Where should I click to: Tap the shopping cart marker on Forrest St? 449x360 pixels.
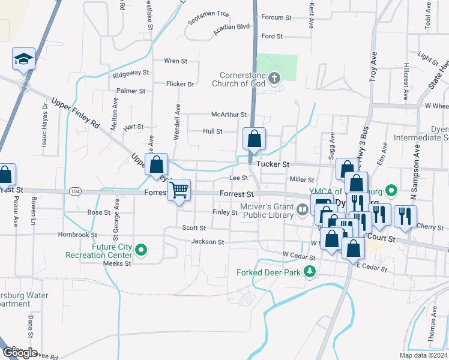click(x=179, y=190)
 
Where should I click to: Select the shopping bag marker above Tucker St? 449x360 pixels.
click(x=254, y=138)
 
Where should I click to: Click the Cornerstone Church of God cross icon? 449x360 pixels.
click(x=274, y=77)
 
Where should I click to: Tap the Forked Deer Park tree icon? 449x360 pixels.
click(x=310, y=272)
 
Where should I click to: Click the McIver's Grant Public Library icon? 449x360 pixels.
click(x=303, y=209)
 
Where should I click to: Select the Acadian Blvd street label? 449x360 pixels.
click(x=235, y=27)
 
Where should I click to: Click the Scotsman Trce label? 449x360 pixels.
click(x=208, y=13)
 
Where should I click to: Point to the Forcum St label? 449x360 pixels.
click(x=276, y=17)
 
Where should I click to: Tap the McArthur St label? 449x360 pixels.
click(x=229, y=114)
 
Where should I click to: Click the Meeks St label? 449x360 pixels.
click(x=116, y=263)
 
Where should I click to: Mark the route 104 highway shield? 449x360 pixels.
click(x=74, y=191)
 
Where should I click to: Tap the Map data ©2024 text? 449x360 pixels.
click(x=423, y=355)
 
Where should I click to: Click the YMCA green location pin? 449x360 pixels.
click(x=391, y=191)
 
